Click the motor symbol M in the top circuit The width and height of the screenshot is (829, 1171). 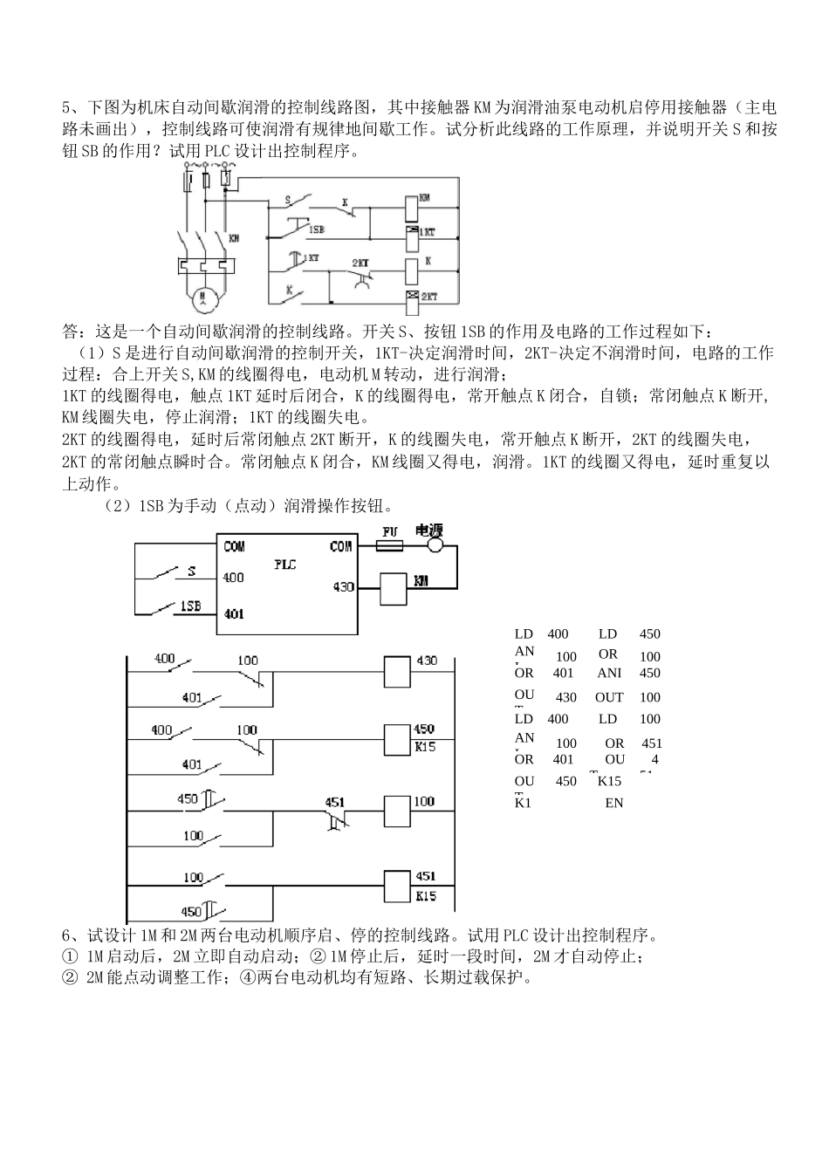point(203,298)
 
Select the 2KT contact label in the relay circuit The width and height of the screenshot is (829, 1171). point(360,262)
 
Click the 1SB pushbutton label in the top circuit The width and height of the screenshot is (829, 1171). point(316,229)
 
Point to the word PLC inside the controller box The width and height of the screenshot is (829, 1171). point(285,565)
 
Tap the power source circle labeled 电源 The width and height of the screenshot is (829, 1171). point(434,545)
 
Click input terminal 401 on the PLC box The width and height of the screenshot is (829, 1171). point(234,613)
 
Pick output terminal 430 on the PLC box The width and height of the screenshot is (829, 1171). point(344,586)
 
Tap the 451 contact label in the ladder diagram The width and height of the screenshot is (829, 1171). point(335,801)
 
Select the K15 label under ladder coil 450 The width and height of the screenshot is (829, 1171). point(426,747)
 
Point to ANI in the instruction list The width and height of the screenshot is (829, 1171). point(609,673)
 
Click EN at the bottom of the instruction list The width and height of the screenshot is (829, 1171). point(613,802)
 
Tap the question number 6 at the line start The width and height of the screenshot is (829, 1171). point(66,935)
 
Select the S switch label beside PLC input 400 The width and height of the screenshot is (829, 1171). point(191,572)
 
